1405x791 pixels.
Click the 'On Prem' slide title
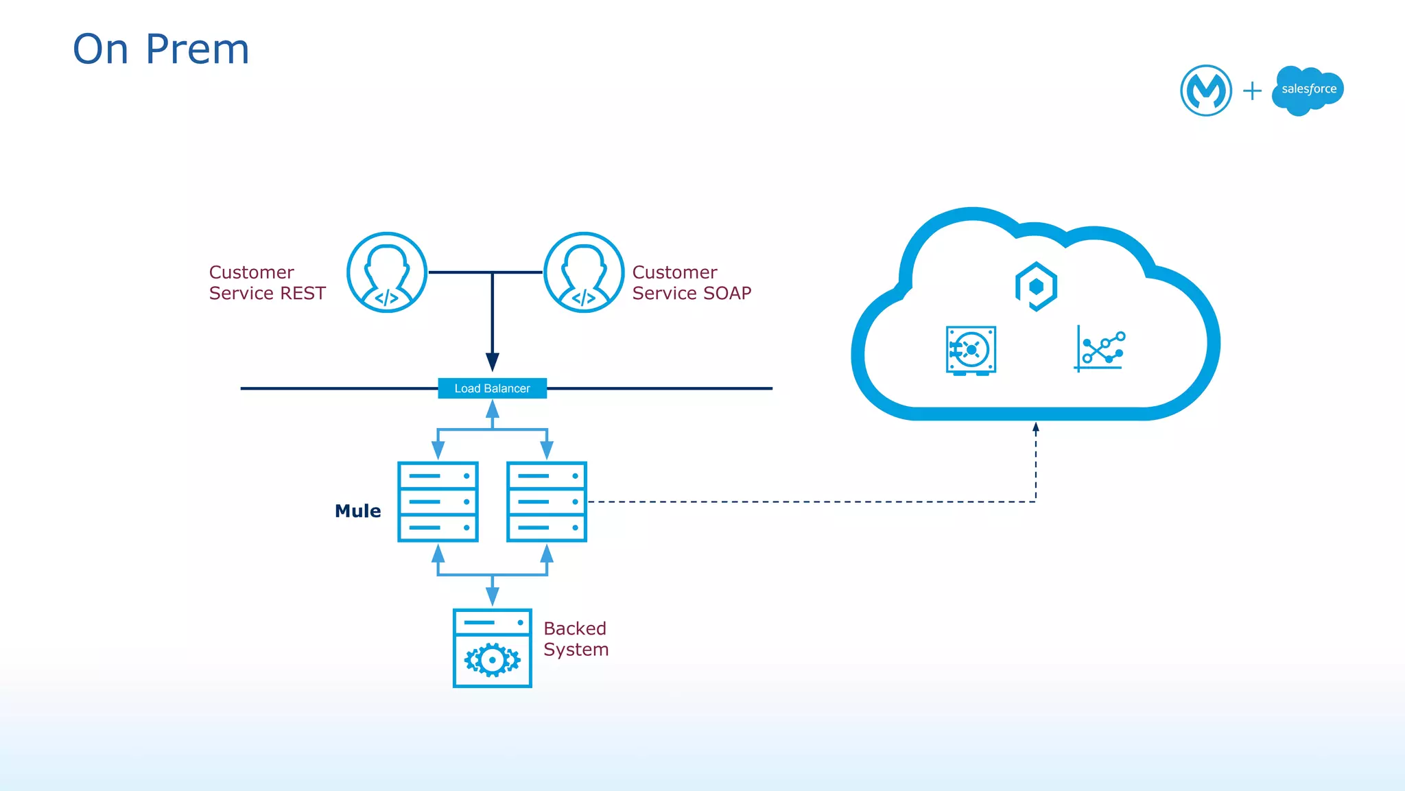[161, 49]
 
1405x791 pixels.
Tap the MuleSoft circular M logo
[1205, 91]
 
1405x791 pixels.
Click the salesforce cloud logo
[1308, 90]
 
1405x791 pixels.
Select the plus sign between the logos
[1252, 91]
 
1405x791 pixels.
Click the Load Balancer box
[492, 388]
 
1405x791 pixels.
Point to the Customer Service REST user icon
[387, 272]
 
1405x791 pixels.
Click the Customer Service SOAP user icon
[584, 272]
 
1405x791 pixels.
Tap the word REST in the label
[303, 294]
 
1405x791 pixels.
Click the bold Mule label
[357, 511]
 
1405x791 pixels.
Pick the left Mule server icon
[438, 501]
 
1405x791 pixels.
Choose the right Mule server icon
[547, 501]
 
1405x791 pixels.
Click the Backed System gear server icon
[492, 648]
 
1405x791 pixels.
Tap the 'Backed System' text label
[576, 639]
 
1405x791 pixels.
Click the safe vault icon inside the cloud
[971, 351]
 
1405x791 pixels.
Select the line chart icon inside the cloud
[1100, 349]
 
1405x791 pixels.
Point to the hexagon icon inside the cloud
[1036, 286]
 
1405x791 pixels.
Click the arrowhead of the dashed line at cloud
[1036, 427]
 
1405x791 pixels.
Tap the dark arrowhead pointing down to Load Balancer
[492, 362]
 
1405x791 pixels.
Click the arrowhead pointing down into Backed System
[492, 595]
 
